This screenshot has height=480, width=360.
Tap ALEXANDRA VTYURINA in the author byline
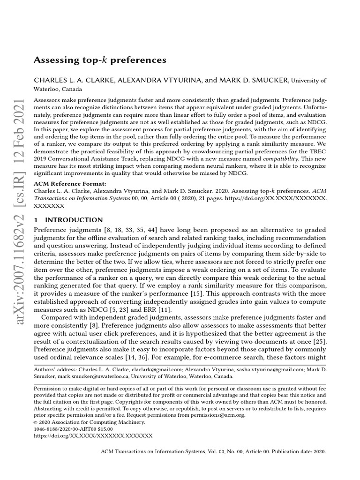coord(159,81)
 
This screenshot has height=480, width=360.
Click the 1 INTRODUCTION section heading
coord(68,220)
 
